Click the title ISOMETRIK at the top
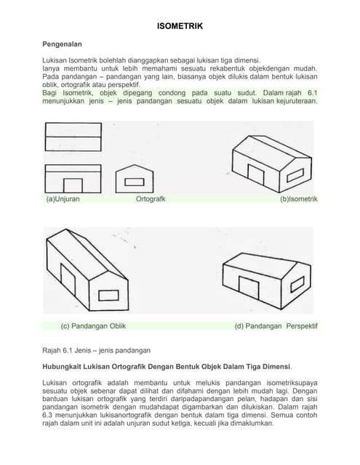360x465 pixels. coord(180,27)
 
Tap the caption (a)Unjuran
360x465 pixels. coord(63,198)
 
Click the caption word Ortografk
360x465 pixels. coord(151,198)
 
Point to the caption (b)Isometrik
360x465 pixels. coord(298,198)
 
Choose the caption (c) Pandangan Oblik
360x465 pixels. coord(93,326)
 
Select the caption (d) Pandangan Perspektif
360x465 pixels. coord(276,326)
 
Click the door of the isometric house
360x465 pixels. coord(256,174)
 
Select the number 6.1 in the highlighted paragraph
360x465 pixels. coord(311,93)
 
